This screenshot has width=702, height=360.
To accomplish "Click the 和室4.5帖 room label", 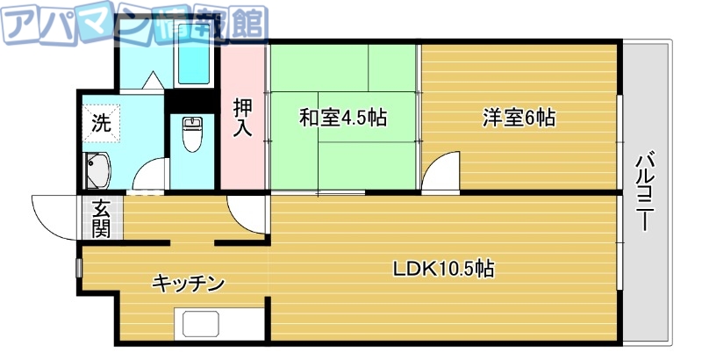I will (x=343, y=118).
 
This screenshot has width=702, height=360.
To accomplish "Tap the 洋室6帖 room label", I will (x=518, y=118).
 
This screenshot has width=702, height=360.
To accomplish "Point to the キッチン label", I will (x=189, y=284).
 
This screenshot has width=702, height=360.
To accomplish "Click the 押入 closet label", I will (x=243, y=117).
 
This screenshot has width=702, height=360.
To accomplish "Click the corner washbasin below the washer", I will (x=97, y=169).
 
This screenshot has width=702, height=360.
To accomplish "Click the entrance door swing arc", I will (x=54, y=218).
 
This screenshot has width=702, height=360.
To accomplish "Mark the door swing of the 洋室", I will (x=442, y=172).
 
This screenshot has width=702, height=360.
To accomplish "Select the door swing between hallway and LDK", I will (x=247, y=212).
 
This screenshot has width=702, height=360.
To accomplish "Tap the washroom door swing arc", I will (x=149, y=176).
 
